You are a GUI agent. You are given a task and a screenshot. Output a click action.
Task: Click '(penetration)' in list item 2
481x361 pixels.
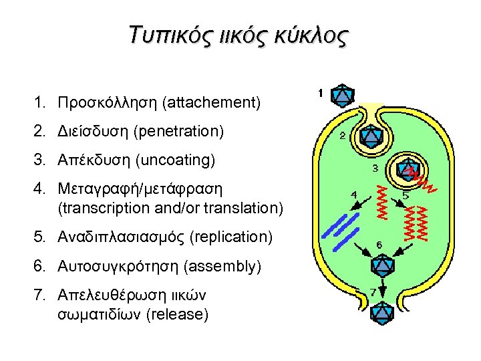(178, 132)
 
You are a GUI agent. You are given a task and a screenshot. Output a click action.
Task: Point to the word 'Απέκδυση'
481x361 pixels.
(94, 160)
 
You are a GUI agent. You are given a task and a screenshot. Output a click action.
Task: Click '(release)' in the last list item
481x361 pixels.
(176, 314)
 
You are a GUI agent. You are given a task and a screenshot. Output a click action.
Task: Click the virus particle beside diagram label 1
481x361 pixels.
(343, 94)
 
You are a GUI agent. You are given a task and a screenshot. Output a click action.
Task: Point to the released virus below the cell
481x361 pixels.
(381, 312)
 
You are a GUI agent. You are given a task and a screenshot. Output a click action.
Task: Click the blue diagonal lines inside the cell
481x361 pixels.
(341, 229)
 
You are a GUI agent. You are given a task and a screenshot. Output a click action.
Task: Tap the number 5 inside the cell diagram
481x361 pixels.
(406, 196)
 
